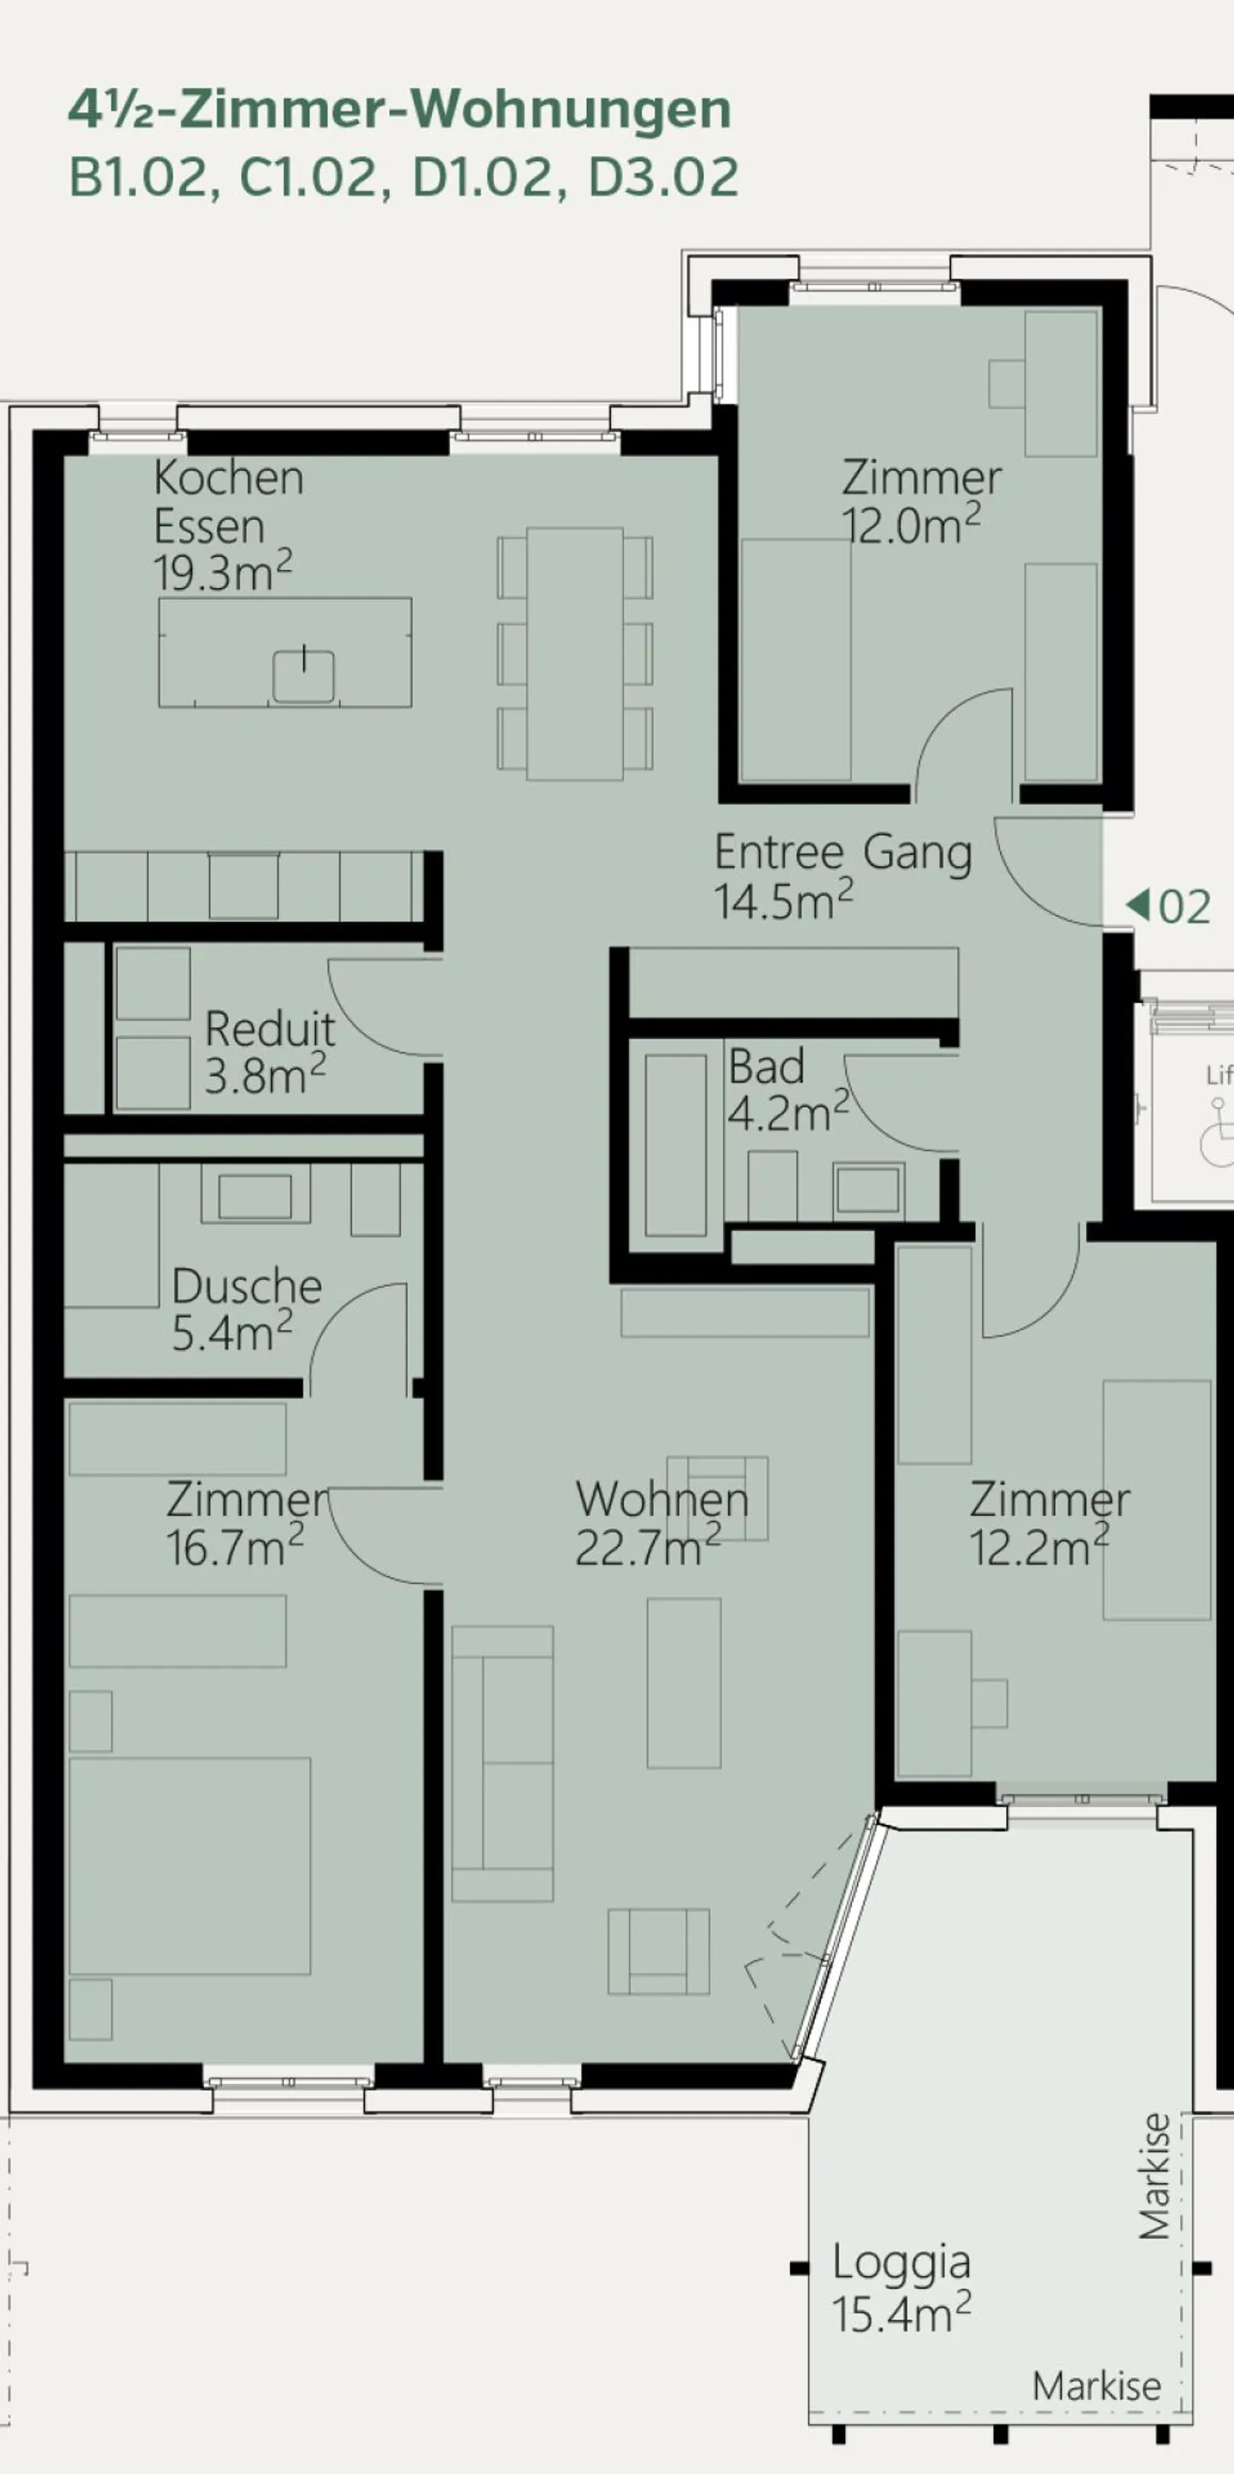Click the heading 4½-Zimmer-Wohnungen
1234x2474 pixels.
[x=398, y=110]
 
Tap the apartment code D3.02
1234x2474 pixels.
[x=662, y=177]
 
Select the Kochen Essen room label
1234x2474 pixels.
[x=228, y=501]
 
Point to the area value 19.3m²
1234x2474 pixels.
[x=222, y=573]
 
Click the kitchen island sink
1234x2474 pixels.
[x=303, y=676]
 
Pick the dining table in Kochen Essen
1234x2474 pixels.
[x=574, y=653]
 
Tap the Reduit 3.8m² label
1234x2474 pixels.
[x=269, y=1052]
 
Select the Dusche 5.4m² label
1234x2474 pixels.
[x=246, y=1309]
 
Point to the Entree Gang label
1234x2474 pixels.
[x=842, y=852]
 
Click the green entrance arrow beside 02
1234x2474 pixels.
[x=1137, y=904]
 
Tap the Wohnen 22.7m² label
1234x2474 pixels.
[x=661, y=1523]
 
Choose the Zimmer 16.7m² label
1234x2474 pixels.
[x=246, y=1523]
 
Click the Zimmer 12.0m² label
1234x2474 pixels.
[x=920, y=501]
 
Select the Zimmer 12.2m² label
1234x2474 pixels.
[x=1049, y=1523]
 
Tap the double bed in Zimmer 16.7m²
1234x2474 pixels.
[x=190, y=1865]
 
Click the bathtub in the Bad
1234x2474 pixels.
[x=675, y=1144]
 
